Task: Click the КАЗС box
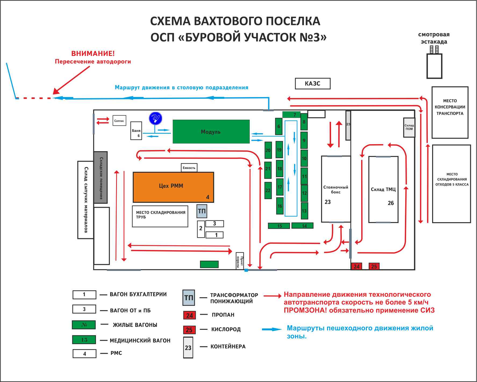coord(313,84)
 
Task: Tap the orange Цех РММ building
coord(173,187)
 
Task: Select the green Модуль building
coord(211,132)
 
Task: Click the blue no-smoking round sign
coord(156,118)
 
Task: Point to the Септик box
coord(119,121)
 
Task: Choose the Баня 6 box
coord(136,131)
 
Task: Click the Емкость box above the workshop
coord(189,168)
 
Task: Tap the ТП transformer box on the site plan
coord(202,211)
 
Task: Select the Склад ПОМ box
coord(409,127)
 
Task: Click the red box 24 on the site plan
coord(357,266)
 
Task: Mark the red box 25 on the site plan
coord(374,266)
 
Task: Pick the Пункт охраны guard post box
coord(240,261)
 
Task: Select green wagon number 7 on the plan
coord(291,115)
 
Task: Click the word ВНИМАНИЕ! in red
coord(93,54)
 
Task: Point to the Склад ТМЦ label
coord(383,189)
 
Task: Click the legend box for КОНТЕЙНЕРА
coord(188,348)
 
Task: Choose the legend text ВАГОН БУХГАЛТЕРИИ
coord(138,294)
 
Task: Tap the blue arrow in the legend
coord(272,329)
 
